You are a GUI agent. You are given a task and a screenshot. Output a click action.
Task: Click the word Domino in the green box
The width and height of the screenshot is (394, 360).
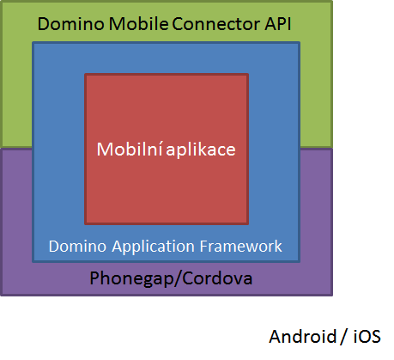tap(71, 23)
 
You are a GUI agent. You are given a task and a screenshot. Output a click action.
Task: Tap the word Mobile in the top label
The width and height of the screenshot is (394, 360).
tap(139, 23)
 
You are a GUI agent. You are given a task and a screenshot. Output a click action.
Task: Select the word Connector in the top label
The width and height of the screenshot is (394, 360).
tap(216, 23)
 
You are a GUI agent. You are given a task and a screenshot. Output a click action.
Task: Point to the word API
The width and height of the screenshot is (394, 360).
tap(278, 23)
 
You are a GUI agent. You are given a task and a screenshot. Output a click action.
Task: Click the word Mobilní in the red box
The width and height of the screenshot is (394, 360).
tap(130, 149)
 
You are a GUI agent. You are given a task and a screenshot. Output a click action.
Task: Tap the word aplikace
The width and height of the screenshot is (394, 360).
tap(201, 149)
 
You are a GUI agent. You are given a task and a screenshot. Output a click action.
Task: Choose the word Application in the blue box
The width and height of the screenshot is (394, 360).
tap(154, 247)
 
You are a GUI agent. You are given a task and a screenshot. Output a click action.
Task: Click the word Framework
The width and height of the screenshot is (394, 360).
tap(240, 246)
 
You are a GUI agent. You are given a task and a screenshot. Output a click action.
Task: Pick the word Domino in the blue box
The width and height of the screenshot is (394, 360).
tap(77, 246)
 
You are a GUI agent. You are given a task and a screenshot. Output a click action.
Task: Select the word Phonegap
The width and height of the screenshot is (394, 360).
tap(131, 278)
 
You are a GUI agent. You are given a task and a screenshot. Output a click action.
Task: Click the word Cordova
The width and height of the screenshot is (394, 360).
tap(217, 278)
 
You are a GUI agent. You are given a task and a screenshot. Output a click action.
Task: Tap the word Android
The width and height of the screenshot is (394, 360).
tap(302, 336)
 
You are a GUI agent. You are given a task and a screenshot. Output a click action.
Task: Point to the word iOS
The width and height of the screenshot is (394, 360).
tap(367, 336)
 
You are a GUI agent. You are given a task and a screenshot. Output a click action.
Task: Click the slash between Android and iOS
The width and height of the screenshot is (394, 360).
tap(344, 337)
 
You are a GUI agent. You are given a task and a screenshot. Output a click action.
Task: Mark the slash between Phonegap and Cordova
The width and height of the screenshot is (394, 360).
tap(178, 278)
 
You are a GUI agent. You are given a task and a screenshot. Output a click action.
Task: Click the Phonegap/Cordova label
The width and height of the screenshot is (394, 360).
tap(171, 278)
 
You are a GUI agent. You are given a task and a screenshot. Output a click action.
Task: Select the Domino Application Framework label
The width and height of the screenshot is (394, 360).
tap(166, 247)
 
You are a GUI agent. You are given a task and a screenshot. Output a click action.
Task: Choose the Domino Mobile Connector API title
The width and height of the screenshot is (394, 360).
tap(165, 23)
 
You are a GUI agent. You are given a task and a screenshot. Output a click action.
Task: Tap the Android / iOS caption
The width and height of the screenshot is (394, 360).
tap(324, 336)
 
